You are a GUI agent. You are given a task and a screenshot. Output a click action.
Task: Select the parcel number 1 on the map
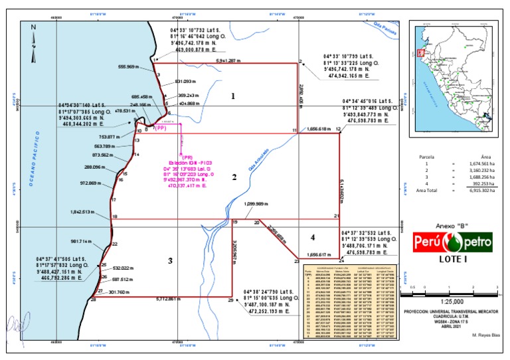click(x=233, y=96)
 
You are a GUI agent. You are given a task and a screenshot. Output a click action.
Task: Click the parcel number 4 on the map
click(x=312, y=237)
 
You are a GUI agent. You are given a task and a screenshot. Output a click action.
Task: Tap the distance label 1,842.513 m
click(x=83, y=212)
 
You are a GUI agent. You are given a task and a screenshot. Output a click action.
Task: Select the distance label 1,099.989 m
click(x=258, y=204)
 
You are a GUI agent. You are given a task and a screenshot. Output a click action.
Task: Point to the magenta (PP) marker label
click(x=159, y=128)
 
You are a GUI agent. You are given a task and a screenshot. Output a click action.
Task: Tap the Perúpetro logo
click(x=454, y=242)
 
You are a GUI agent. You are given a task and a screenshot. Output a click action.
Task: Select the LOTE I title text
click(x=453, y=260)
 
